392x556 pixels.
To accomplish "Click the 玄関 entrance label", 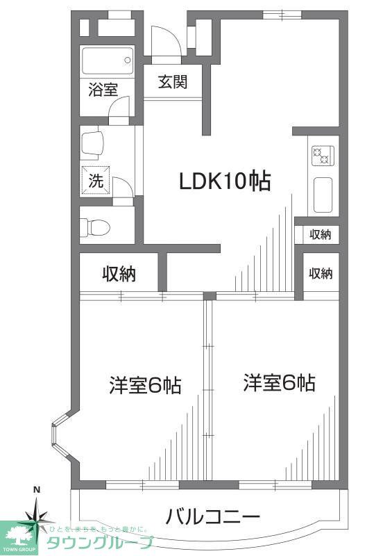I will (173, 82).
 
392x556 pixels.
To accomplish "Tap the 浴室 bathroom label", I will (103, 89).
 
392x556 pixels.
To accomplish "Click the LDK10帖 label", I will (225, 182).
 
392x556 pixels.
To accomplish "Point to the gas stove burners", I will (321, 156).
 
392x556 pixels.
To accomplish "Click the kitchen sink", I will (323, 195).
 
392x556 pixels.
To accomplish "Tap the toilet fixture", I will (94, 227).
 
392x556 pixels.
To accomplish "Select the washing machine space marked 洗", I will (95, 181).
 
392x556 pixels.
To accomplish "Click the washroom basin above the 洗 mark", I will (93, 144).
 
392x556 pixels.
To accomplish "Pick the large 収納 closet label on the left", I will (119, 275).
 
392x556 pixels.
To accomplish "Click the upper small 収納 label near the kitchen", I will (321, 234).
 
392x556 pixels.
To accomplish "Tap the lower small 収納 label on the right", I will (321, 274).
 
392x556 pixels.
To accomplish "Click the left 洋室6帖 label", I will (144, 385).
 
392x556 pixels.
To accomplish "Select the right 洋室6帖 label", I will (279, 383).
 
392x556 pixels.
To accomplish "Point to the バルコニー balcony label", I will (213, 517).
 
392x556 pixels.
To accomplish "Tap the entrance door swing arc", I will (167, 41).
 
